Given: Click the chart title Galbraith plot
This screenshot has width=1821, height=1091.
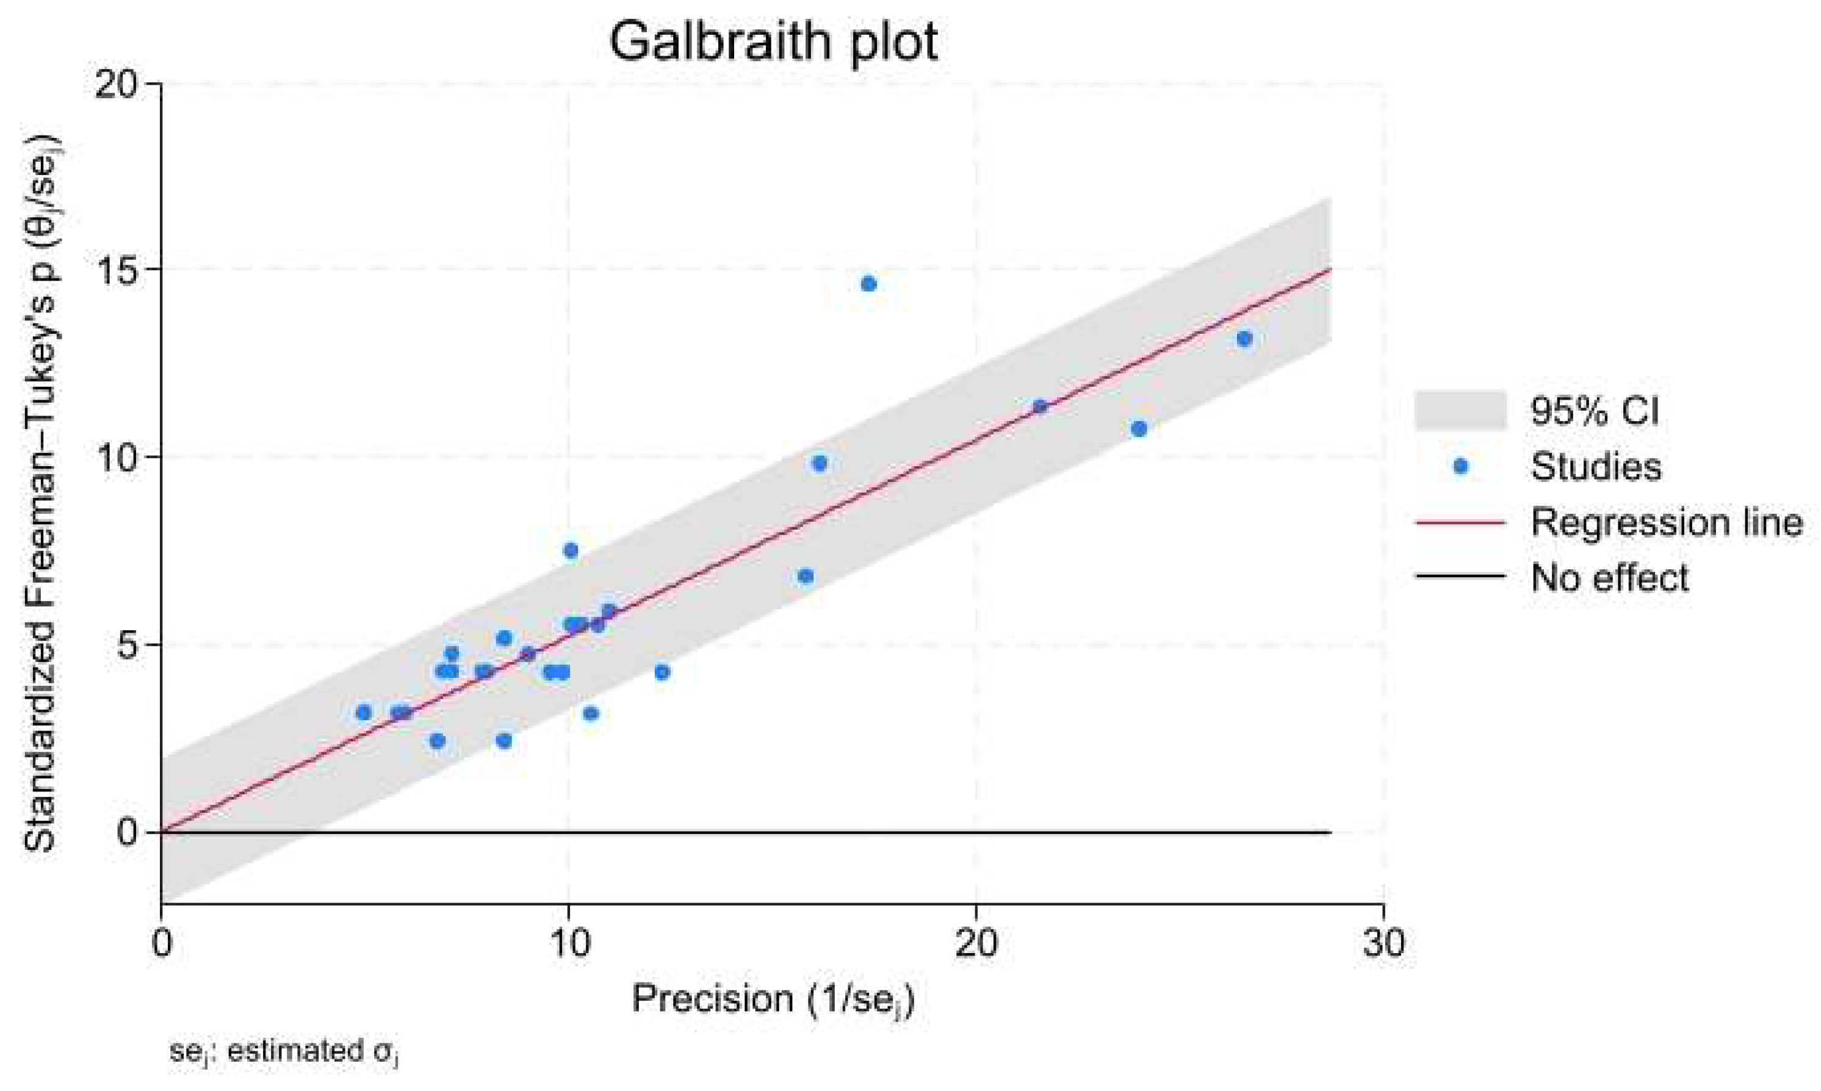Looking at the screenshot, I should point(773,42).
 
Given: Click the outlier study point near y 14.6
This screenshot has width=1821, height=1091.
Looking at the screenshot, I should point(868,284).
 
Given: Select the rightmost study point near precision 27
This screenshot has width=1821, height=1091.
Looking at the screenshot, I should point(1244,339).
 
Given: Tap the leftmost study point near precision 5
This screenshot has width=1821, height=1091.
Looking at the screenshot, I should point(363,713).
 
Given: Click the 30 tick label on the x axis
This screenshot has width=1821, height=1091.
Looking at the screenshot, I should point(1383,943).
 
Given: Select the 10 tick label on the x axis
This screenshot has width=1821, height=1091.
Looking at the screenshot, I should point(568,943).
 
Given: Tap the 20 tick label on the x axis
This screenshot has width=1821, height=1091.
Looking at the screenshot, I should point(976,943).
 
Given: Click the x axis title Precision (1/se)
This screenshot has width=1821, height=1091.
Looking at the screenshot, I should point(773,998).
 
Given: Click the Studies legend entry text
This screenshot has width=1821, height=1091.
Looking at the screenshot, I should point(1595,466).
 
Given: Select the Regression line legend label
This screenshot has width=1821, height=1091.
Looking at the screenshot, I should point(1666,522).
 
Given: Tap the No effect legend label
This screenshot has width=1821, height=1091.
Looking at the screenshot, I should point(1609,578).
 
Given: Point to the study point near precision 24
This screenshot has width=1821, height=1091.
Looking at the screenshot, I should point(1139,428).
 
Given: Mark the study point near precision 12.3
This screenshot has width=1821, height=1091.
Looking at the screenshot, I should point(662,672).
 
